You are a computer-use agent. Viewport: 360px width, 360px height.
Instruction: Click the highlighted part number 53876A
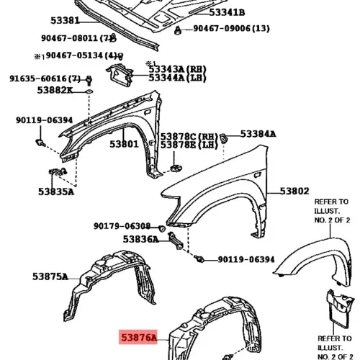[138, 338]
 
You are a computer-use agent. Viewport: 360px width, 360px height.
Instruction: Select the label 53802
[294, 192]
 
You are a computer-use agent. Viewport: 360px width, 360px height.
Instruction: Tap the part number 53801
[124, 144]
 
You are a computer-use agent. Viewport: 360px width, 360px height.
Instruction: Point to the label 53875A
[50, 276]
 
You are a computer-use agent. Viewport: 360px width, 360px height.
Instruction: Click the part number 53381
[65, 21]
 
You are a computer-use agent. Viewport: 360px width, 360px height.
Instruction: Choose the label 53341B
[227, 12]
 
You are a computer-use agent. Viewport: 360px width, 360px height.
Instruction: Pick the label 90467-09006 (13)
[231, 29]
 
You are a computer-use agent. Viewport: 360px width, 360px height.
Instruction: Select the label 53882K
[55, 90]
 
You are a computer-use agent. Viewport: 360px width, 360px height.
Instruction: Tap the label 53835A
[56, 192]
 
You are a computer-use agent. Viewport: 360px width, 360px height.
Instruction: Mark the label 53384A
[258, 134]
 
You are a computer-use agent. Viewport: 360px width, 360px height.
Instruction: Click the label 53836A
[141, 239]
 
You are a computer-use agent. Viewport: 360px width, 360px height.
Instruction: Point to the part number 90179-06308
[122, 226]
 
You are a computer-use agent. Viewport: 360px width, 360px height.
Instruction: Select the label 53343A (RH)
[177, 69]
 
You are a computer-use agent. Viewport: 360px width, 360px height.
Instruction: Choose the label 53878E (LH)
[189, 145]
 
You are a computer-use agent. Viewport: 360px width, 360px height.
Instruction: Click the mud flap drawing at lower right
[340, 309]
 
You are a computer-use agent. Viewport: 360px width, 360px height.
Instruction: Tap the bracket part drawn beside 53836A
[176, 240]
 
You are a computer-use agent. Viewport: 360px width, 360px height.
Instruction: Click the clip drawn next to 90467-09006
[177, 30]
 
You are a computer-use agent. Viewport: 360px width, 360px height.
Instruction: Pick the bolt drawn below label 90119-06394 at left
[40, 143]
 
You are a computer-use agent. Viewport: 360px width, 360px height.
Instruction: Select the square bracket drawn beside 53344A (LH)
[120, 76]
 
